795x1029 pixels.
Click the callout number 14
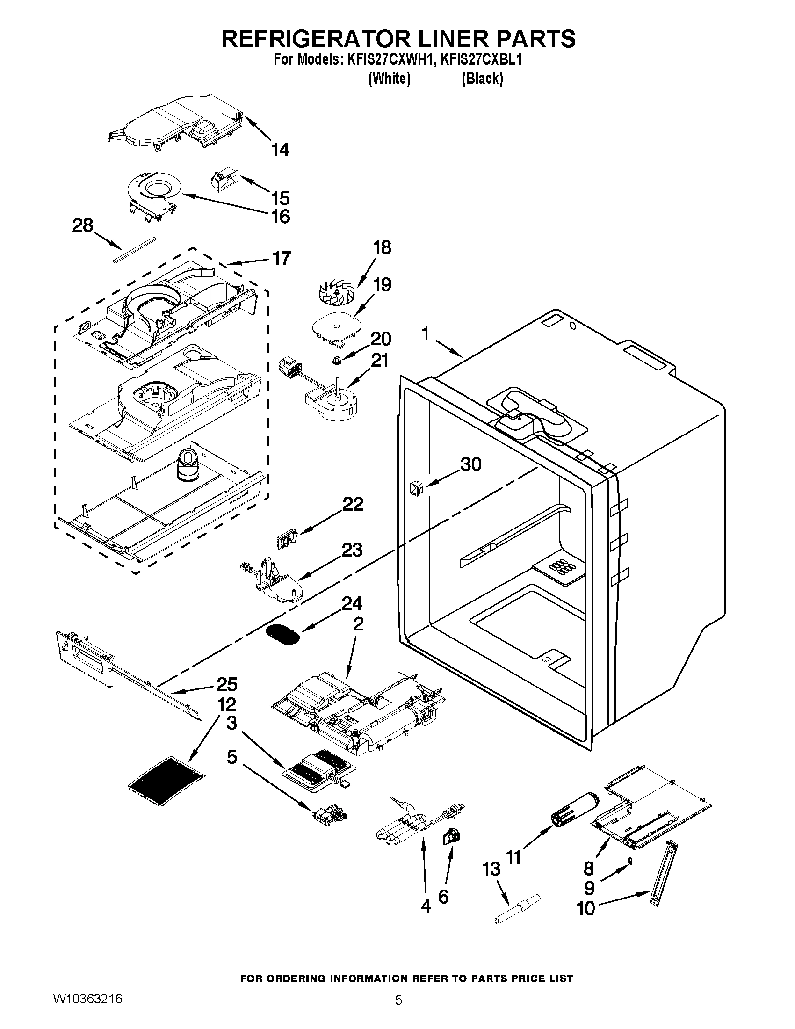(280, 150)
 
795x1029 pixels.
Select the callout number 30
(471, 464)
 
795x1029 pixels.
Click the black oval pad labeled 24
(282, 635)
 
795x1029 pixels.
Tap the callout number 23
(352, 550)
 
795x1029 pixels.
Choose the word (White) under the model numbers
(389, 79)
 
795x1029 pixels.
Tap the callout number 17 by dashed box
(282, 258)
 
